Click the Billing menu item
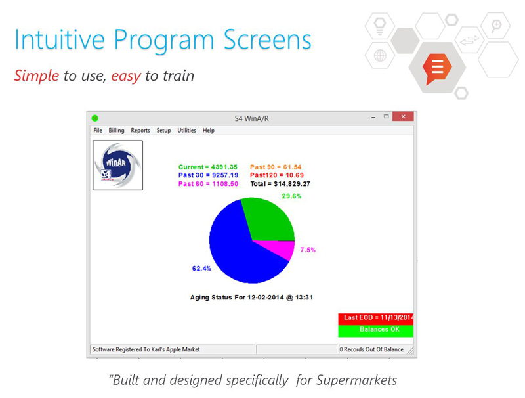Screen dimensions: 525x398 (116, 130)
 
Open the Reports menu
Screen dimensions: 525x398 (140, 130)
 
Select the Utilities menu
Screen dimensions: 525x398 (186, 130)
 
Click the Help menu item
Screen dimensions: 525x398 (208, 130)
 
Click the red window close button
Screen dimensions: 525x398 (403, 116)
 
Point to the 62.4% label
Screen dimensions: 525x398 (201, 269)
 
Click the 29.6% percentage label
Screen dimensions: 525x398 (291, 196)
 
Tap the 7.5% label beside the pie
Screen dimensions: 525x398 (308, 250)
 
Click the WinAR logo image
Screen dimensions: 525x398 (118, 165)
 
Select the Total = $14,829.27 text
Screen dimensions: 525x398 (280, 184)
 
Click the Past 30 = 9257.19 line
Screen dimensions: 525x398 (208, 175)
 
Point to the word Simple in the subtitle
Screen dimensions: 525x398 (37, 76)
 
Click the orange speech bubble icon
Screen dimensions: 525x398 (436, 68)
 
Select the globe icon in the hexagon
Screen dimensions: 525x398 (380, 56)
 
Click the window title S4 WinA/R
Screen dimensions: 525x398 (251, 118)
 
